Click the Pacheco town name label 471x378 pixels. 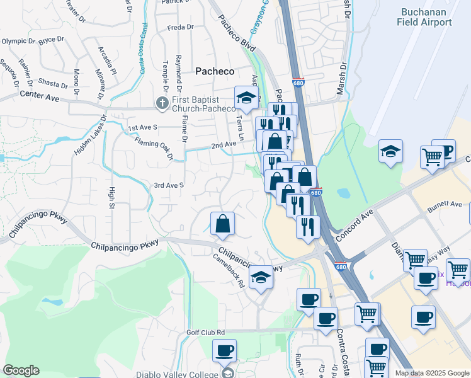point(215,71)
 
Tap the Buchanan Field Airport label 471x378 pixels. point(424,17)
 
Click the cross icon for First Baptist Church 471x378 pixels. point(162,102)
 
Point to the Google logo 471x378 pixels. point(21,370)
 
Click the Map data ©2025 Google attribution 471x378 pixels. point(432,373)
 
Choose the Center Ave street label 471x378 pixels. point(39,95)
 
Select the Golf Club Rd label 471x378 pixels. point(206,332)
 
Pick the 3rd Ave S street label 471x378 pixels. point(169,185)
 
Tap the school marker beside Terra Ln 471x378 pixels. point(246,98)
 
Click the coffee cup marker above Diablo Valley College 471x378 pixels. point(224,350)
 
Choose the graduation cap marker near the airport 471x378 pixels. point(390,151)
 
